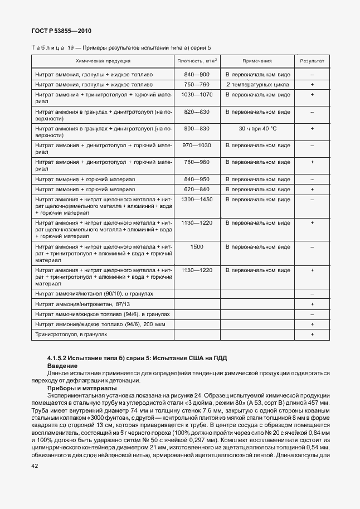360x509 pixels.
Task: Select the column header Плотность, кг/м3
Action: pos(197,60)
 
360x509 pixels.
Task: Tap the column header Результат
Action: pos(312,60)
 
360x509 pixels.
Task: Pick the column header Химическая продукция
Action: pos(103,60)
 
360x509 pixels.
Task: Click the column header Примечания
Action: pos(257,60)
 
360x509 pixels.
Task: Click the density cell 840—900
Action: pos(196,74)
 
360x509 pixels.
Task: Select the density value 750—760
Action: pos(196,84)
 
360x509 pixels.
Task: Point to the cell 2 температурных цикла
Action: pos(257,84)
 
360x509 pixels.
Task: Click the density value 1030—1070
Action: pos(197,94)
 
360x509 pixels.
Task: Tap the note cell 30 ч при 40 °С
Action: pos(257,128)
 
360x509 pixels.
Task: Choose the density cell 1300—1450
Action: pos(197,199)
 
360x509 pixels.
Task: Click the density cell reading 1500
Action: pos(197,246)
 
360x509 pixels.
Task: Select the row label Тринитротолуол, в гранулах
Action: pos(71,334)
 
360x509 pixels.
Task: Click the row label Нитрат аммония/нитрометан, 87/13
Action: pos(82,304)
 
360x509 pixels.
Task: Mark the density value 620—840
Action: pos(196,189)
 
